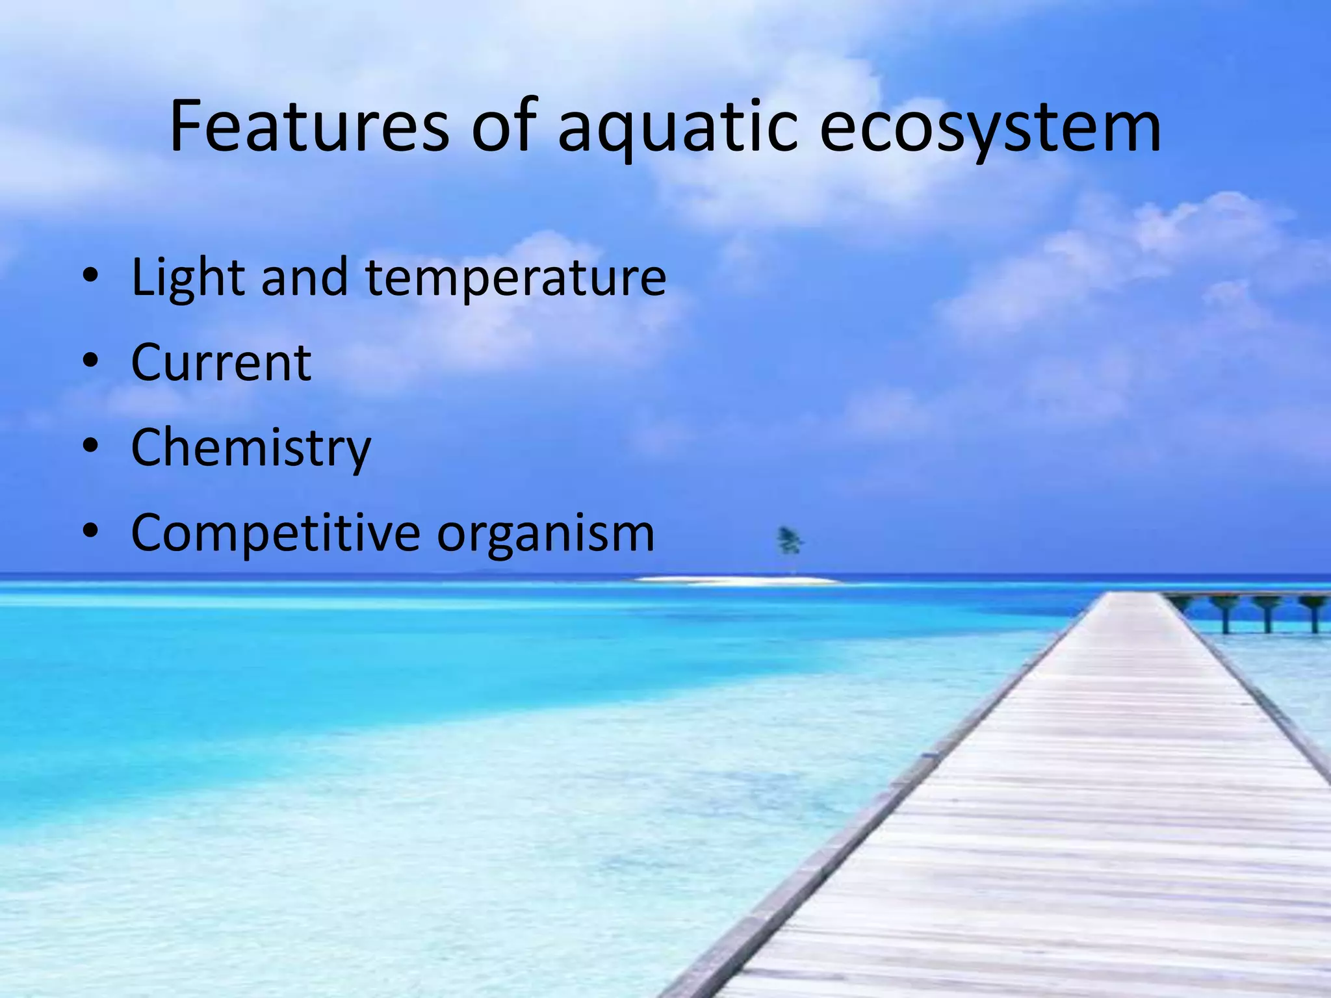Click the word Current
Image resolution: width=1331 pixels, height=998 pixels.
[221, 362]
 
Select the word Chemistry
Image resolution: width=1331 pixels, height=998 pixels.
[251, 448]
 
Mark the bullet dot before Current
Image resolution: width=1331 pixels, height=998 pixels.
[90, 361]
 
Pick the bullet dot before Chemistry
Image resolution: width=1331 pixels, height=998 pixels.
[90, 446]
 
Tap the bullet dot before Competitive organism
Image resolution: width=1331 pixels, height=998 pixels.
[90, 531]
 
